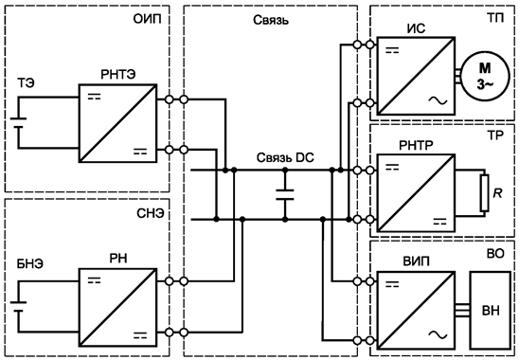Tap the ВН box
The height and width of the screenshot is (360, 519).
point(491,310)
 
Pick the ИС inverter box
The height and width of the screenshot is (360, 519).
point(411,70)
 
